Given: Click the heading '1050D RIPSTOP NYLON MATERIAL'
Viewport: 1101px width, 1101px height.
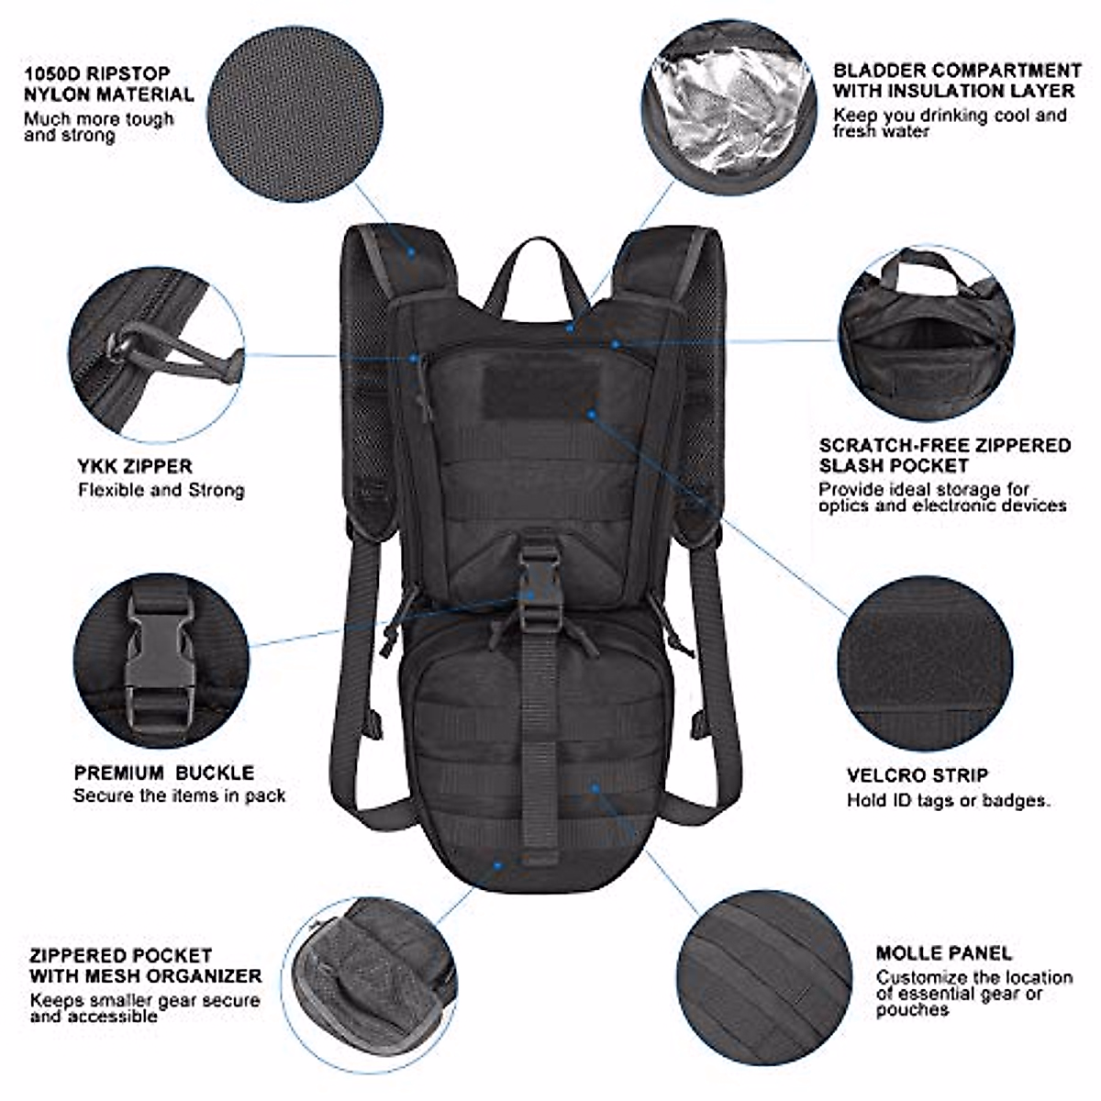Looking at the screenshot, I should (x=109, y=83).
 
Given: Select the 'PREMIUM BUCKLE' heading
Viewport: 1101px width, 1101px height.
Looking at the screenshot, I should (x=164, y=773).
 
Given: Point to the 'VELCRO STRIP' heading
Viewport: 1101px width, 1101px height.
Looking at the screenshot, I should (x=917, y=775).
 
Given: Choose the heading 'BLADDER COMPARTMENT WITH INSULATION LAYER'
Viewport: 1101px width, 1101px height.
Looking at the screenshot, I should (x=957, y=81).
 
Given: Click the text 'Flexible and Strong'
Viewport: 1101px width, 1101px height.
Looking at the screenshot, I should (x=161, y=490).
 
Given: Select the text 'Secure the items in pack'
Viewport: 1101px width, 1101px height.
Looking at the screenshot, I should (x=180, y=795).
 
